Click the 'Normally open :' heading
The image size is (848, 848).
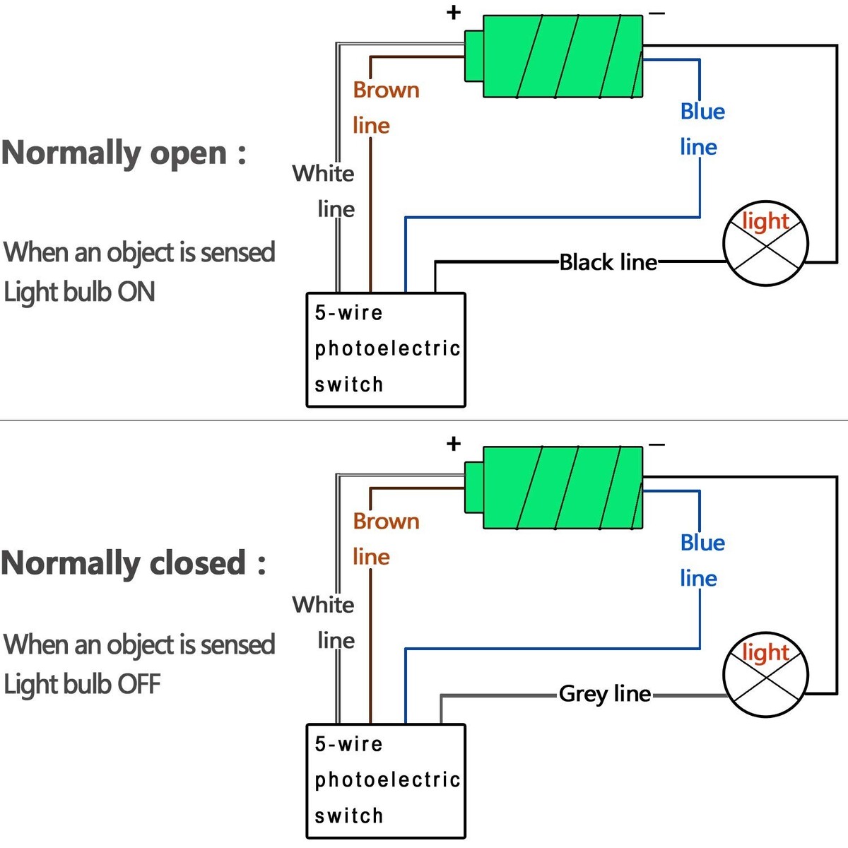click(x=124, y=153)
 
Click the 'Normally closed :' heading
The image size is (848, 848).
click(x=134, y=563)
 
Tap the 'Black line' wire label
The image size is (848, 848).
click(x=608, y=262)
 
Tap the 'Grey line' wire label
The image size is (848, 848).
click(x=605, y=694)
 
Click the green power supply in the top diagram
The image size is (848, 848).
click(x=562, y=57)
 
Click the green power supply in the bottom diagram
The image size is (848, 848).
click(x=562, y=488)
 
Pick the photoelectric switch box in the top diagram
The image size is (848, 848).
click(x=386, y=350)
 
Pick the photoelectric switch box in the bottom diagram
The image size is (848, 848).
click(x=386, y=781)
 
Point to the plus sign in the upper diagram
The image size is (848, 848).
click(x=454, y=12)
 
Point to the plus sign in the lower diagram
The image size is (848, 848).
click(x=454, y=444)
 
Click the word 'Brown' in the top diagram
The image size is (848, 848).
click(x=386, y=90)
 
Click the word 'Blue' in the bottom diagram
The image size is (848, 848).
click(x=702, y=543)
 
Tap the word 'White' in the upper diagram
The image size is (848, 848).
click(x=323, y=173)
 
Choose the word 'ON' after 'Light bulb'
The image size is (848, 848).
click(x=136, y=292)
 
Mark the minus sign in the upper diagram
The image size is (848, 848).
click(x=656, y=13)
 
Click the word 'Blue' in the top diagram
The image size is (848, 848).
click(x=702, y=112)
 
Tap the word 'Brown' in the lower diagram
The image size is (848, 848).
click(x=386, y=522)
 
